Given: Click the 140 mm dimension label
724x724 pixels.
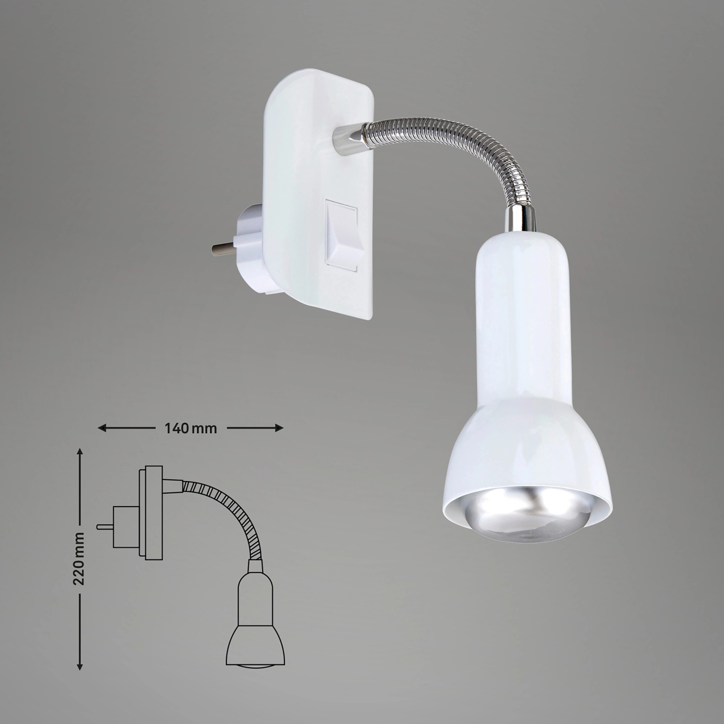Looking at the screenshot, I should click(x=191, y=428).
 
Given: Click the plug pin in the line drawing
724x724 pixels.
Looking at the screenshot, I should click(x=104, y=527).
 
